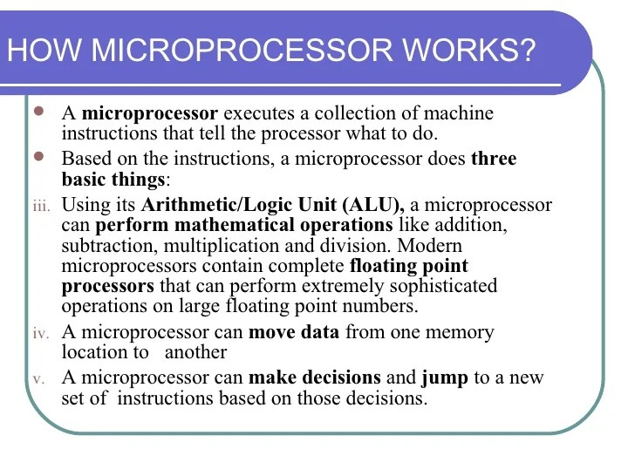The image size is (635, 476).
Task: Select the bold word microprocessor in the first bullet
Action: pos(149,113)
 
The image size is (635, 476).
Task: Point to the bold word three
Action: pos(494,159)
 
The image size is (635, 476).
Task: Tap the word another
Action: pos(195,352)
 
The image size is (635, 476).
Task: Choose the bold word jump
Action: pos(444,378)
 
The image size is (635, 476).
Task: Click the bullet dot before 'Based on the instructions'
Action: pos(38,157)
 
